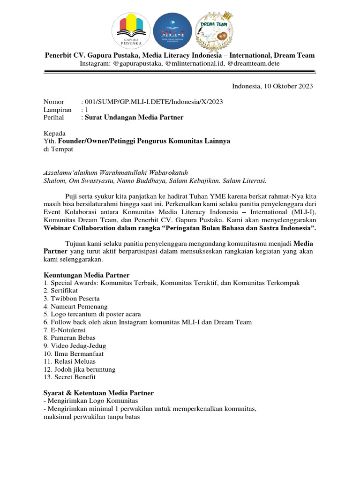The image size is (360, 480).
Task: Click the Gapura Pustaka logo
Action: [131, 31]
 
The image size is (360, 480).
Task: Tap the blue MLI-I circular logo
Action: [172, 31]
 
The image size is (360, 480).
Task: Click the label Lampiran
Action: [57, 109]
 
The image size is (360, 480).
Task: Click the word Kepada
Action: [54, 133]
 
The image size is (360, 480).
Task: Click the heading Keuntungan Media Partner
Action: [86, 275]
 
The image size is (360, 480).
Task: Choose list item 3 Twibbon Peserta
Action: [71, 299]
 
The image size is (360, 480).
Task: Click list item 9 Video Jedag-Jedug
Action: [75, 346]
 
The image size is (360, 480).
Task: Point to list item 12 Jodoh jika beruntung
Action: [79, 369]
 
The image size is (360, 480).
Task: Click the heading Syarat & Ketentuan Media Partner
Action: [98, 393]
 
